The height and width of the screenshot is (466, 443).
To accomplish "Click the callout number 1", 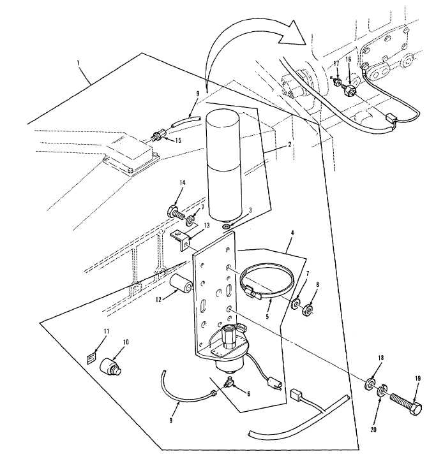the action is click(78, 63).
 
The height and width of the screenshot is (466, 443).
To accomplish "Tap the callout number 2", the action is click(289, 145).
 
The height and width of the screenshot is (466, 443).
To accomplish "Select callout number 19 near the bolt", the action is click(417, 379).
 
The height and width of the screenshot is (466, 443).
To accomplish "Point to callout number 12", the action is click(159, 300).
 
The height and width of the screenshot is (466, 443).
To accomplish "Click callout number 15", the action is click(177, 140).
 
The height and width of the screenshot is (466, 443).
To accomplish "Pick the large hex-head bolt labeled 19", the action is click(406, 404).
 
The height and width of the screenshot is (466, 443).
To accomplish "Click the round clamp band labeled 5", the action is click(267, 281).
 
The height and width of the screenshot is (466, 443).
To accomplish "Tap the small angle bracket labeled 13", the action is click(180, 239).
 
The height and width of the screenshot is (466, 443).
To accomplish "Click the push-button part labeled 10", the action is click(110, 367).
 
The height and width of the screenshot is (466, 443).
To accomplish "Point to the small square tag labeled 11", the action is click(92, 356).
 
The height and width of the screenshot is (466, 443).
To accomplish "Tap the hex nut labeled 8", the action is click(307, 310).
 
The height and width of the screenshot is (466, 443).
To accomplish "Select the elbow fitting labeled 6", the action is click(229, 382).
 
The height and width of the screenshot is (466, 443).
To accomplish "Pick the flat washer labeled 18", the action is click(370, 384).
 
